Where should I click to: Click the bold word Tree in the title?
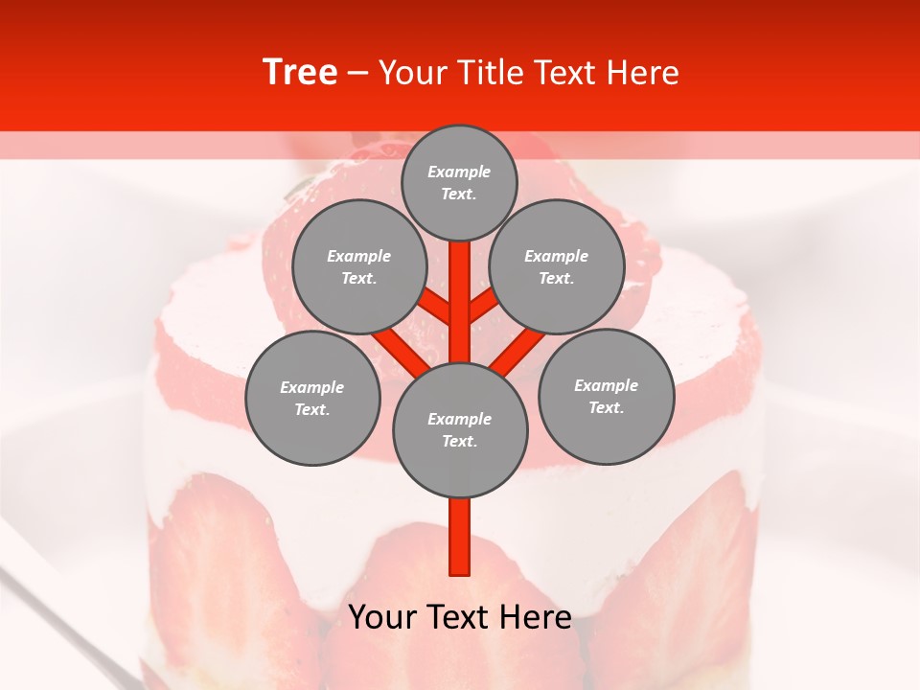(x=300, y=72)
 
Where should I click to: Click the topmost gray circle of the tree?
(x=459, y=182)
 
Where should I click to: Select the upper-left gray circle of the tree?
(x=358, y=266)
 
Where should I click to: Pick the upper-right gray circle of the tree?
(x=557, y=266)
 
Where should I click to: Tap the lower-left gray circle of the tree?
(x=312, y=398)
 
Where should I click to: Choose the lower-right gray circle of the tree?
(x=607, y=396)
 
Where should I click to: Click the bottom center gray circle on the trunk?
(x=460, y=429)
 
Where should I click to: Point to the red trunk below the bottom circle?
(x=460, y=537)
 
